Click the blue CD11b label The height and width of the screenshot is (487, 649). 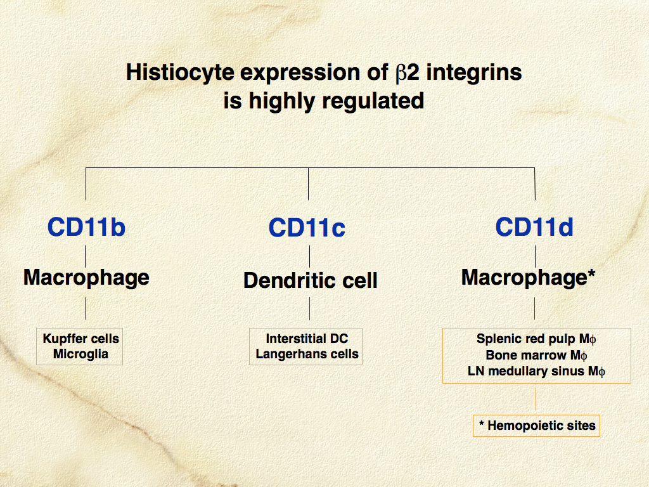86,227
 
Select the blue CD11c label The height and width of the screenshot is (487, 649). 307,228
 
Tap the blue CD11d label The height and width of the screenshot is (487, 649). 534,227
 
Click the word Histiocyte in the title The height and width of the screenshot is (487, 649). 180,72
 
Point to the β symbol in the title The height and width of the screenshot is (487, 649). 401,73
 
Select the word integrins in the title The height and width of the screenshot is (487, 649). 474,73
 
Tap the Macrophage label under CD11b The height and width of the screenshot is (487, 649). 86,278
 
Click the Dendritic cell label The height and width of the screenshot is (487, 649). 311,280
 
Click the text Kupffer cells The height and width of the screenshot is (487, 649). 80,339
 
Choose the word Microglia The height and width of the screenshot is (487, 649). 80,354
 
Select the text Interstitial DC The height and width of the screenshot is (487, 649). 307,339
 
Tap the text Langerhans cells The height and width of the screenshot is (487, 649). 307,354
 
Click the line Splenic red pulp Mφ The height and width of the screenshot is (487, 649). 536,339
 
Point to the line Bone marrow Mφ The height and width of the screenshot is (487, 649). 536,355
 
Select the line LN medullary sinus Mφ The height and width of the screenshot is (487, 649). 536,371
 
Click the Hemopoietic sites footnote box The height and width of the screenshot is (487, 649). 536,425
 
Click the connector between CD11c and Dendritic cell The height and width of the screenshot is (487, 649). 309,256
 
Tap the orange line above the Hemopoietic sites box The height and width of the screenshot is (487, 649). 535,399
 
